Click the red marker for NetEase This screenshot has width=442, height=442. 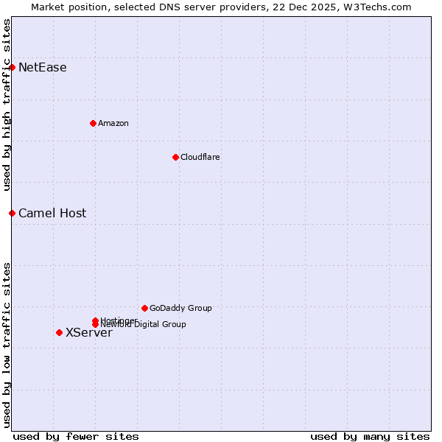12,68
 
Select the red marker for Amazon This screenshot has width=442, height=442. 93,123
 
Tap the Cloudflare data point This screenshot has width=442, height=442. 175,157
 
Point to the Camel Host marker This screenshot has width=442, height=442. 12,213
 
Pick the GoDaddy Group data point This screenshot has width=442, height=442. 144,308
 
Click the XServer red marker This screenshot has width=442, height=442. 59,332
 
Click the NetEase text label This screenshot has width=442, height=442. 43,68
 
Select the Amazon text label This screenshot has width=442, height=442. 113,123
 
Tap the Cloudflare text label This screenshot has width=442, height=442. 200,157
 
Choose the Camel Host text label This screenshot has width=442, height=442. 52,214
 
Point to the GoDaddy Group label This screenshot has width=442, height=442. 180,308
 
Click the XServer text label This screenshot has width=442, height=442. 89,333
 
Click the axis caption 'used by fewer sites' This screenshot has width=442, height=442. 76,436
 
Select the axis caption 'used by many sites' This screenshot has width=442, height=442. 370,436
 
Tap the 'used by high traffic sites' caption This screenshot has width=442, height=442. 7,105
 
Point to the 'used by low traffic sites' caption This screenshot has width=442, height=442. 7,345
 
